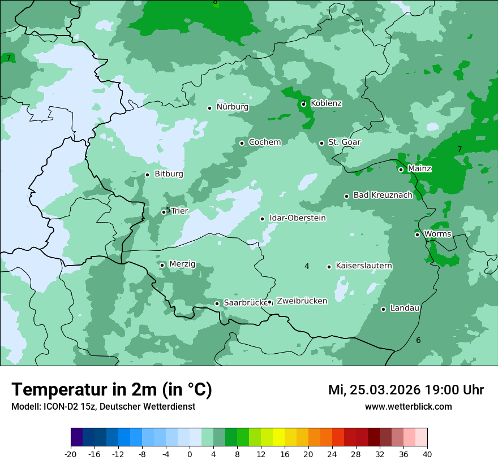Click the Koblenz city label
(326, 103)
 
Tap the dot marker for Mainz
(401, 170)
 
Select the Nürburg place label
(232, 107)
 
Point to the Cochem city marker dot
(242, 143)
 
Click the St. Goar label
(344, 142)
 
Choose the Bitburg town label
(169, 174)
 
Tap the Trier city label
(179, 211)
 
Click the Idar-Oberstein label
(297, 218)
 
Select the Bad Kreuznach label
(383, 195)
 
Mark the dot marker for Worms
(417, 234)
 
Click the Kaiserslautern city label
(364, 266)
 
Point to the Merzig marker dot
(162, 265)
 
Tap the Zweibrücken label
(302, 301)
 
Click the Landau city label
(405, 308)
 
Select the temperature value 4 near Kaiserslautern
(307, 266)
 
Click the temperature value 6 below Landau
(418, 340)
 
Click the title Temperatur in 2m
(111, 390)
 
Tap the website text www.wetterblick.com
(408, 407)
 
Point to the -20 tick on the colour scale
(71, 454)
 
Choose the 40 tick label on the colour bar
(427, 454)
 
